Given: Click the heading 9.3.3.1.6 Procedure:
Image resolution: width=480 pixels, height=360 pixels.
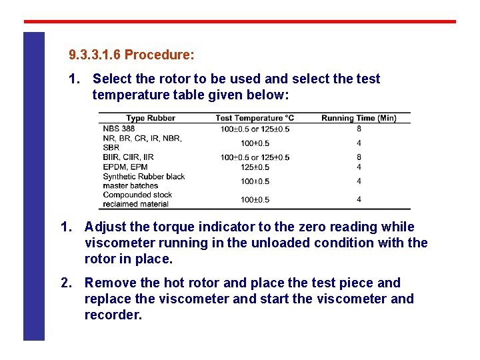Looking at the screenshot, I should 131,54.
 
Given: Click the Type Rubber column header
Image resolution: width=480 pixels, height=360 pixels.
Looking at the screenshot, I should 151,118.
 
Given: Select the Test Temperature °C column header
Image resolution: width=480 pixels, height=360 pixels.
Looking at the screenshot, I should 255,118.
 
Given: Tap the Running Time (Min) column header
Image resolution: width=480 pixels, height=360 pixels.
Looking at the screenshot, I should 359,118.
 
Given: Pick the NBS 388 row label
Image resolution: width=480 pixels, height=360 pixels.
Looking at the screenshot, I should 119,129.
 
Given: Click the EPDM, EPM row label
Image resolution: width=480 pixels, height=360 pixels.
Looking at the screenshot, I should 125,167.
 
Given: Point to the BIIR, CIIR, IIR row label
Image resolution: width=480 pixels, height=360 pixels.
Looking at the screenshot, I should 128,157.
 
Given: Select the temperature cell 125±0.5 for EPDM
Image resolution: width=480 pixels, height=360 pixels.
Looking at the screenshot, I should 255,167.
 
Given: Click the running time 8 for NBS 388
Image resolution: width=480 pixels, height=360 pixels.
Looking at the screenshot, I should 359,129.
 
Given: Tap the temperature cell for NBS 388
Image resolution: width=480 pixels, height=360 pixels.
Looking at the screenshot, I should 255,129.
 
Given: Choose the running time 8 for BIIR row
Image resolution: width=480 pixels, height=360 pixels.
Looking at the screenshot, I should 359,157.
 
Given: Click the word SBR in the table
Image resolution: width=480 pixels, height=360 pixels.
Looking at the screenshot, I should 111,147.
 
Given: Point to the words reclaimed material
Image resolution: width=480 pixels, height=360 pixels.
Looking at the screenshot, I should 136,204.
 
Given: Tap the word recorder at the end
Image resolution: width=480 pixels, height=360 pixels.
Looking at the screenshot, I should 113,315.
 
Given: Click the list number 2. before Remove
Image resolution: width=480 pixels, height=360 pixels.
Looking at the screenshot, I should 66,283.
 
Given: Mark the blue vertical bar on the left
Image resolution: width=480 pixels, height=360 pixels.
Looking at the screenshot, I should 34,186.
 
